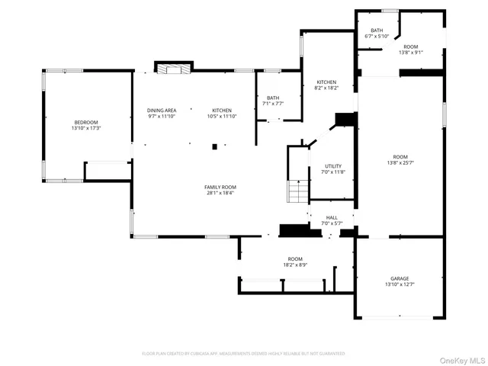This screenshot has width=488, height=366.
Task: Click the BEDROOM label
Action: point(85,123)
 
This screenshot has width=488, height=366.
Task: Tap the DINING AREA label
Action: point(161,111)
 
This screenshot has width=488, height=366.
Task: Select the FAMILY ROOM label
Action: point(220,187)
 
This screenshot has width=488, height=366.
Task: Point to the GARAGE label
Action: point(400,279)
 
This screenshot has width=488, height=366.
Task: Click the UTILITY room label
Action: point(332,166)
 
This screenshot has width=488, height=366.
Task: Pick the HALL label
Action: point(332,217)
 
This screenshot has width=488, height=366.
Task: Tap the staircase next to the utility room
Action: point(297,191)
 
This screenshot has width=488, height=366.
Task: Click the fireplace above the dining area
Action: point(170,69)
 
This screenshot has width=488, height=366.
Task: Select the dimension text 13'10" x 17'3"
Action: point(85,129)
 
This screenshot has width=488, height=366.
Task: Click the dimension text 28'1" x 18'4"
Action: point(220,193)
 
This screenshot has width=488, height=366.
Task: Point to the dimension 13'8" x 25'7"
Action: point(400,162)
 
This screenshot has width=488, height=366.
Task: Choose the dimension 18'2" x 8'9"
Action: point(295,265)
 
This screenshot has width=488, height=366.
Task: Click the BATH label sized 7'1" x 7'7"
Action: point(273,98)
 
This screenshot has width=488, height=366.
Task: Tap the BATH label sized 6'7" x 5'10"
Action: point(377,30)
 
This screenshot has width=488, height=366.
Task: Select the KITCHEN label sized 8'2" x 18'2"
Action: point(326,82)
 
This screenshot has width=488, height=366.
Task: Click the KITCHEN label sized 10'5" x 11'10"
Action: point(222,111)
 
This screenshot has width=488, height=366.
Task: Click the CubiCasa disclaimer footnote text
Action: point(243,354)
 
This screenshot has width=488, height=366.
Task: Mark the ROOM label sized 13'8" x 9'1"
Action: point(410,47)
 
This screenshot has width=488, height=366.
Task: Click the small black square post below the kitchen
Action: point(215,146)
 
